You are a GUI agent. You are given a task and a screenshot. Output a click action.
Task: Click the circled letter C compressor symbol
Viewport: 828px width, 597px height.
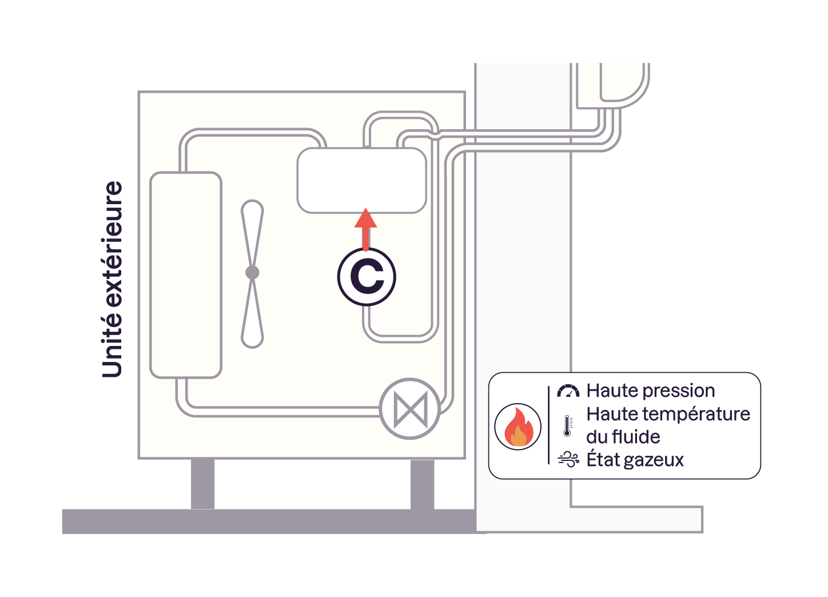pos(367,277)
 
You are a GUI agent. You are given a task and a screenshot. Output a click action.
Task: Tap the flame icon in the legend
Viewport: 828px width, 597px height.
pos(517,427)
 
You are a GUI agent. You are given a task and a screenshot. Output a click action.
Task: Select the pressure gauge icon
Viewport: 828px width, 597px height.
pos(568,391)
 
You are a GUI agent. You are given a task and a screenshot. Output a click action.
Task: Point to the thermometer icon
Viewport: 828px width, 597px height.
pos(567,426)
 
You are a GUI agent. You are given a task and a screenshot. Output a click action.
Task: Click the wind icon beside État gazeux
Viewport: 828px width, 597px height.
pos(568,459)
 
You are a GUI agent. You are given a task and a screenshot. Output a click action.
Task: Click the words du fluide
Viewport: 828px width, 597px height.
pos(623,437)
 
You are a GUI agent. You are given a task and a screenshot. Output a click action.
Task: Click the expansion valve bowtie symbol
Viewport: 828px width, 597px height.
pos(410,409)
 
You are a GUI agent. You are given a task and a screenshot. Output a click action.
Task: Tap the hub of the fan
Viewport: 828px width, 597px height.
pos(252,273)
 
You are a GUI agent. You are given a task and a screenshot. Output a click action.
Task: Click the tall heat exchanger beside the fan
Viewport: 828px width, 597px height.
pos(185,274)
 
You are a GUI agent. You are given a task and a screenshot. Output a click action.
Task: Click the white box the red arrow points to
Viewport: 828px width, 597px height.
pos(361,180)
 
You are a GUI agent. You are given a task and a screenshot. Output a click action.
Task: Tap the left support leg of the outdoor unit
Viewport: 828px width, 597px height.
pos(202,483)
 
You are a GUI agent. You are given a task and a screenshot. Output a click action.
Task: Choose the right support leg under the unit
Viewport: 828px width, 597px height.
pos(422,483)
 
